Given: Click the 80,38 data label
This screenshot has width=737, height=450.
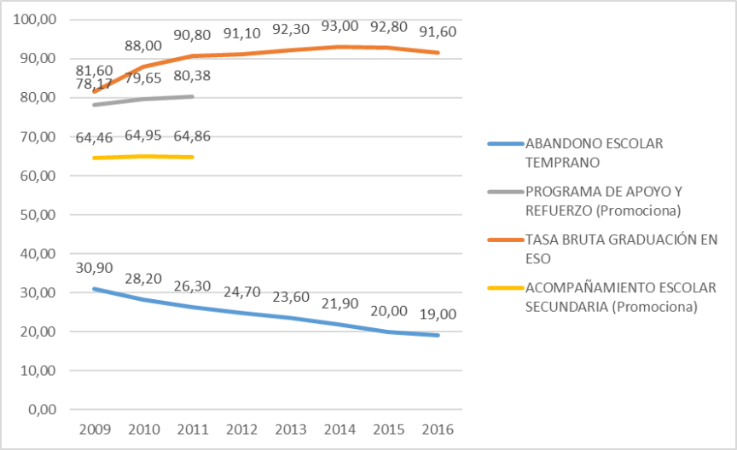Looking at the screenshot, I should coord(193,78).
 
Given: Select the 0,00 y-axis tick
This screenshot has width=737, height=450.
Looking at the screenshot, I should coord(41,409).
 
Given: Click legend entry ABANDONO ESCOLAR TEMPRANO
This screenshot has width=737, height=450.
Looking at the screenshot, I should coord(594,152).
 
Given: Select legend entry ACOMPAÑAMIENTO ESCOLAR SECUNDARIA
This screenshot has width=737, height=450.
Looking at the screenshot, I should coord(620,297).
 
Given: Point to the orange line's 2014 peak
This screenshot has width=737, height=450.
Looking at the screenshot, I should coord(341,47).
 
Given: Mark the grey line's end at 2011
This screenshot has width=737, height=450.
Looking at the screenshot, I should coord(193,96).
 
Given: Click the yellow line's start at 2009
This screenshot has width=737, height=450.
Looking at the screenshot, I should coord(94,158).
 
